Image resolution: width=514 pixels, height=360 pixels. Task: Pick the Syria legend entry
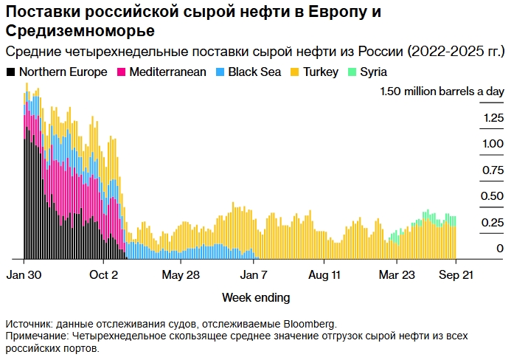373,72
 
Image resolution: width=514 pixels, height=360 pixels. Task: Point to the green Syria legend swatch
353,72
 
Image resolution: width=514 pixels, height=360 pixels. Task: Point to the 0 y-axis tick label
500,249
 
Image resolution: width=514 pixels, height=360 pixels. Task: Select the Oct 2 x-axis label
104,274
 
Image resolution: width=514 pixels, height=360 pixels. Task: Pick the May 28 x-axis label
180,274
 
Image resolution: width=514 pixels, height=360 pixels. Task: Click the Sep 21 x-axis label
455,274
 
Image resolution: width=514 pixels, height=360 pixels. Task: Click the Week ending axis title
256,297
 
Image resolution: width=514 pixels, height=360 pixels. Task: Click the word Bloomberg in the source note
305,324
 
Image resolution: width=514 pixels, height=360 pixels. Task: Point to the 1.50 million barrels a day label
442,91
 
